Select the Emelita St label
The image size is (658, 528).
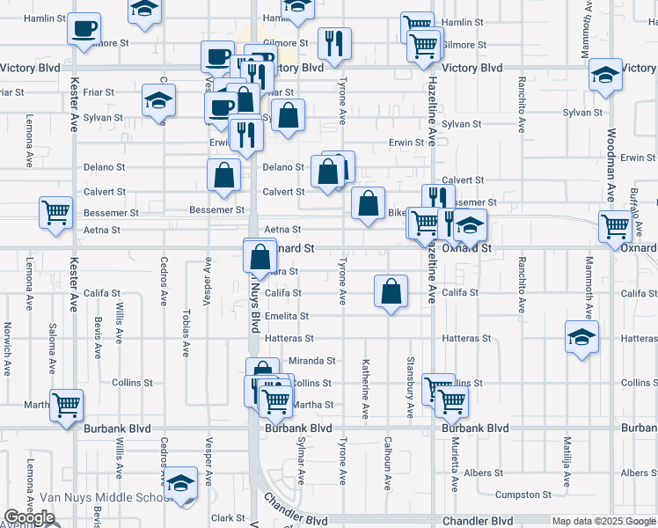pyautogui.click(x=287, y=316)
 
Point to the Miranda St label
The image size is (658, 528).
pyautogui.click(x=313, y=361)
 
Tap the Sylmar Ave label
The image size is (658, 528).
pyautogui.click(x=300, y=463)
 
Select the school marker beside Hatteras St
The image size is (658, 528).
pyautogui.click(x=581, y=337)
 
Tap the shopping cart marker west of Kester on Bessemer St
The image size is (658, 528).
pyautogui.click(x=55, y=212)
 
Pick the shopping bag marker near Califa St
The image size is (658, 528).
pyautogui.click(x=391, y=290)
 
